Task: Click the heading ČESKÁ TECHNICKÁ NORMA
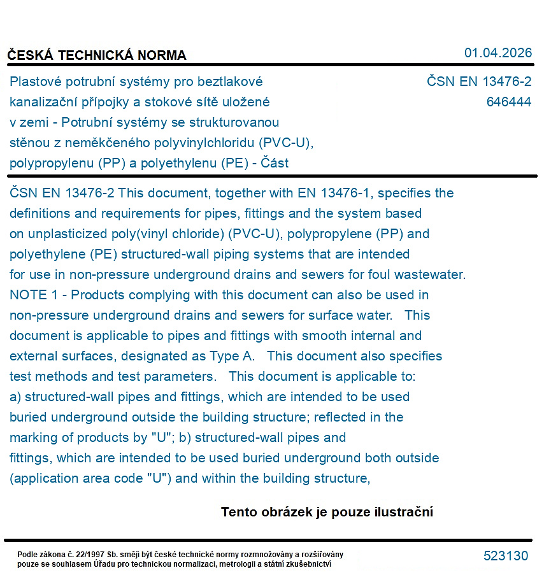point(97,55)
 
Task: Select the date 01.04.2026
point(497,53)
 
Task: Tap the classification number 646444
point(508,102)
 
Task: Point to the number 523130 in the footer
point(506,556)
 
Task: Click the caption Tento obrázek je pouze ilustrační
point(327,512)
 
